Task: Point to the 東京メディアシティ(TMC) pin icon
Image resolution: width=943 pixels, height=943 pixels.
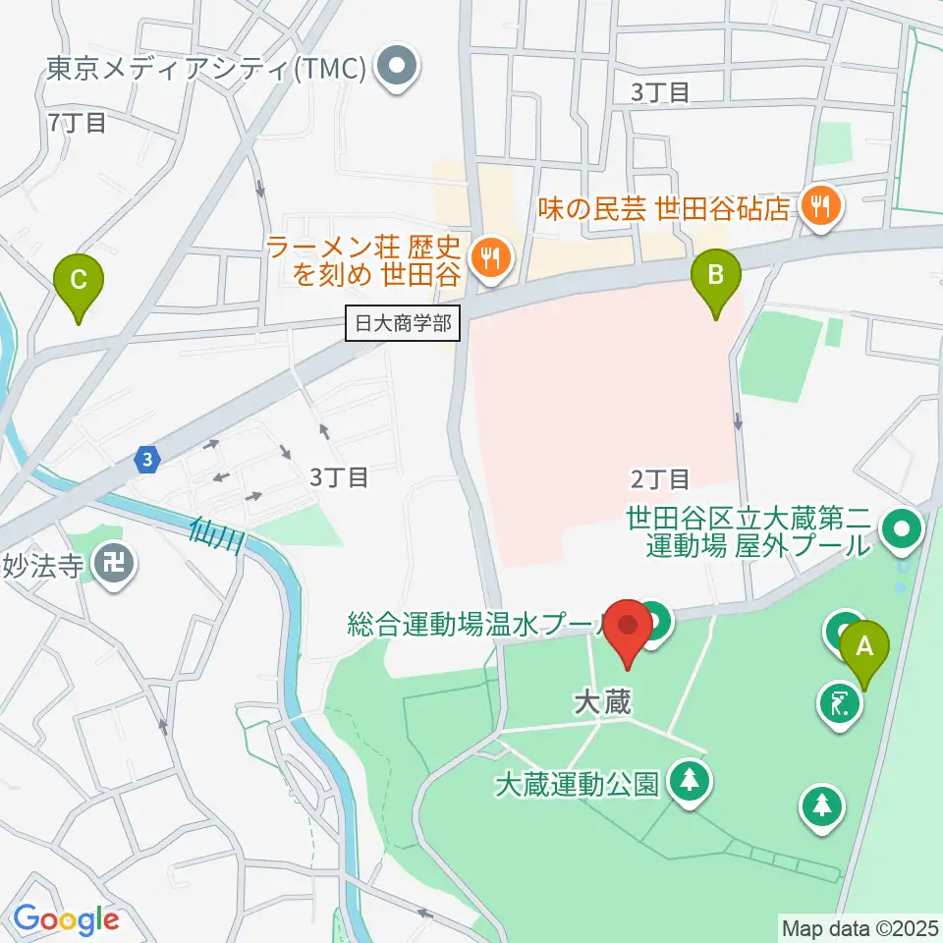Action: (x=399, y=68)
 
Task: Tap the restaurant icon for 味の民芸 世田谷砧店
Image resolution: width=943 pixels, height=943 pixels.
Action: (x=818, y=207)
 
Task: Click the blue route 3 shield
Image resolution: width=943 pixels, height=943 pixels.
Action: (x=146, y=459)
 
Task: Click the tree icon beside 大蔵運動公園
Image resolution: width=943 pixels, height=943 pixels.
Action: (x=690, y=781)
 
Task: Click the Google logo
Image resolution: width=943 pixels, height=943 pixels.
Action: (x=66, y=919)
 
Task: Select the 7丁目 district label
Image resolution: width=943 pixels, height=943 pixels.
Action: (x=76, y=123)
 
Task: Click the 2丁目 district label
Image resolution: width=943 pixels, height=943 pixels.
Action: (x=659, y=479)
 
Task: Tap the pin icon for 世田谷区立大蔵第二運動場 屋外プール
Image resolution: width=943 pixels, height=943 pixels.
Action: (x=900, y=531)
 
